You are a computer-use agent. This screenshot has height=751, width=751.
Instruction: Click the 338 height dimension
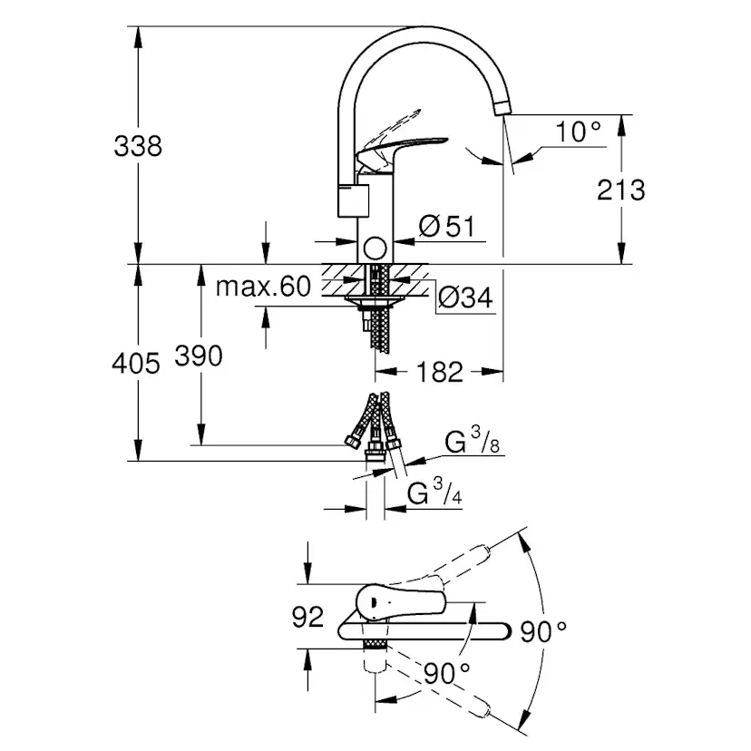137,145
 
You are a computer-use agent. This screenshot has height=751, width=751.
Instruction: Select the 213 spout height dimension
621,190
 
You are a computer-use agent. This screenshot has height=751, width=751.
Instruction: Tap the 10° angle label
579,132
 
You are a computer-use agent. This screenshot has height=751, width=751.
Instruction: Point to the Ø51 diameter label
447,226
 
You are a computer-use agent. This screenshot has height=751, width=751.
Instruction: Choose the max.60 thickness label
263,288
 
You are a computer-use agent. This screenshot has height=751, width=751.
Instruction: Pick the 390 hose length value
197,356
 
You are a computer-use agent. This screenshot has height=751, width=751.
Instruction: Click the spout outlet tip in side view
504,107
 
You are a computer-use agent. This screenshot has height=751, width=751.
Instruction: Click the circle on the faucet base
374,250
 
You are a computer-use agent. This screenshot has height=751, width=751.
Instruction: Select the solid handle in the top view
399,602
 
